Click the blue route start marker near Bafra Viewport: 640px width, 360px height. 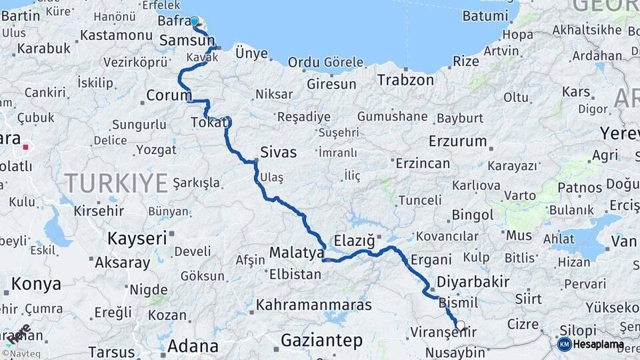pyautogui.click(x=195, y=21)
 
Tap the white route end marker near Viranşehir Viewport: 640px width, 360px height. pyautogui.click(x=460, y=325)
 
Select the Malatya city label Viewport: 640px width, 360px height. pyautogui.click(x=296, y=253)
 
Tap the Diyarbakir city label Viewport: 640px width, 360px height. pyautogui.click(x=473, y=281)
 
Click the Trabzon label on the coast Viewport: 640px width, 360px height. pyautogui.click(x=405, y=80)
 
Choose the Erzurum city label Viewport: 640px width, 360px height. pyautogui.click(x=458, y=141)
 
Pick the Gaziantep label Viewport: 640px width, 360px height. pyautogui.click(x=321, y=341)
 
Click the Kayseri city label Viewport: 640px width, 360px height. pyautogui.click(x=137, y=238)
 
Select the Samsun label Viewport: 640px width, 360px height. pyautogui.click(x=187, y=41)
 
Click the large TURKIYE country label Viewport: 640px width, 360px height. pyautogui.click(x=116, y=181)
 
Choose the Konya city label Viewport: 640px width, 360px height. pyautogui.click(x=36, y=284)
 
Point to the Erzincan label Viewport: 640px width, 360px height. pyautogui.click(x=423, y=163)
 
